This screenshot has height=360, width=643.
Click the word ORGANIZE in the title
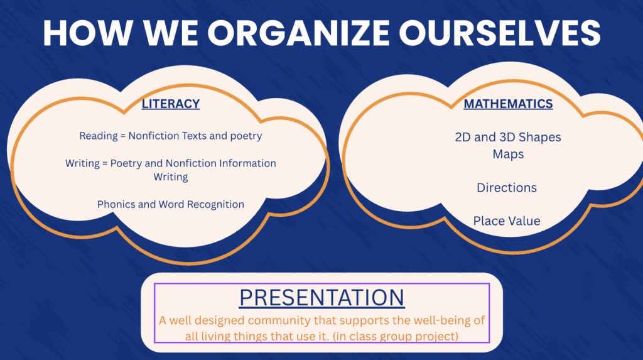pos(298,33)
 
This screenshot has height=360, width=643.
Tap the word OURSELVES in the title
pos(500,33)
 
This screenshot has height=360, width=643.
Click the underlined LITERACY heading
pos(171,104)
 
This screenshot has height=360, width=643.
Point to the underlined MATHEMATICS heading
pos(508,104)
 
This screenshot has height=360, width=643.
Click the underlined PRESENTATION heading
pos(322,298)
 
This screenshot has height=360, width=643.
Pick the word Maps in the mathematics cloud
pos(508,155)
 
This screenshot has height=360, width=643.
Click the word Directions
pos(507,188)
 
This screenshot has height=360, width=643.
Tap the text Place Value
pos(507,221)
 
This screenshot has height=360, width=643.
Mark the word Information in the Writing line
pos(247,163)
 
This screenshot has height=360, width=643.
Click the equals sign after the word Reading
pos(123,136)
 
